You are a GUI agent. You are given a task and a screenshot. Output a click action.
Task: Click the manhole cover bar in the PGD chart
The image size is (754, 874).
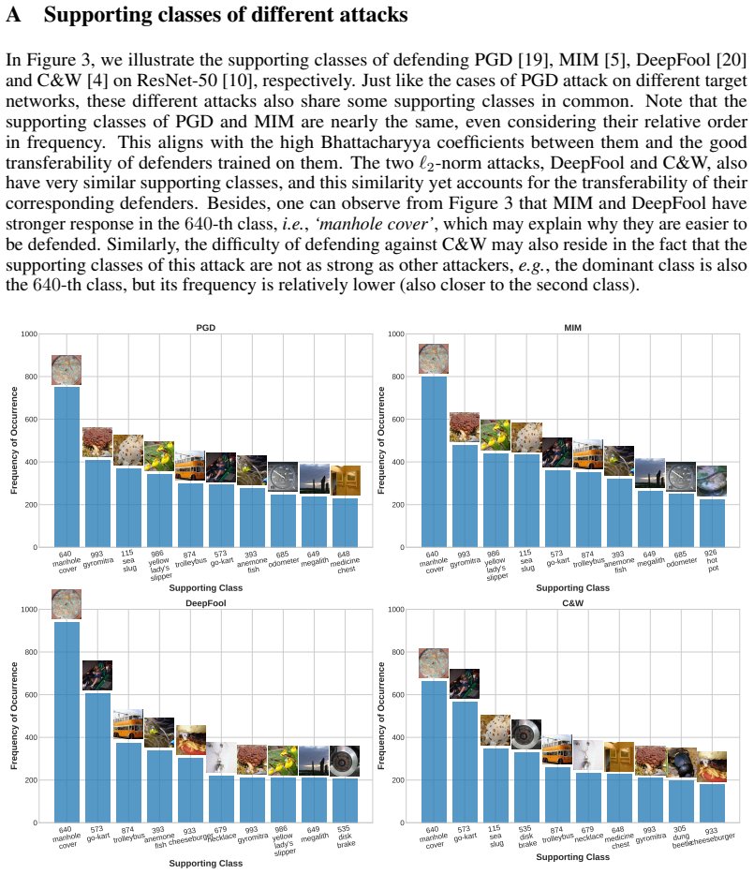[x=67, y=467]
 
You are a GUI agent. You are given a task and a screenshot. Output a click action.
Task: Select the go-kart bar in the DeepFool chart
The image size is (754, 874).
[x=97, y=758]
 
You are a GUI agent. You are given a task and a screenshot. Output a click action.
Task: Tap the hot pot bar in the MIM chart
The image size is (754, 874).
[x=712, y=523]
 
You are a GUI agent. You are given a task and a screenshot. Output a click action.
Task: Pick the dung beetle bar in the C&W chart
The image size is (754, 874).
[x=682, y=801]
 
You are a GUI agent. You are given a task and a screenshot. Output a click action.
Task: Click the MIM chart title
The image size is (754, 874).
[x=572, y=328]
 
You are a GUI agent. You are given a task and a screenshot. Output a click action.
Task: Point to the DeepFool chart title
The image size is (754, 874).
[x=206, y=603]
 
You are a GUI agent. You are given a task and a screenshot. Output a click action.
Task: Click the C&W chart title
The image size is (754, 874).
[x=573, y=603]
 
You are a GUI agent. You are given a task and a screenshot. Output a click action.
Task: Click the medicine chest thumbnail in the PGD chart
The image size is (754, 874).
[x=346, y=481]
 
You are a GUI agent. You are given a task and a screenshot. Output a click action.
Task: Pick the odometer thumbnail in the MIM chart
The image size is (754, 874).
[x=681, y=477]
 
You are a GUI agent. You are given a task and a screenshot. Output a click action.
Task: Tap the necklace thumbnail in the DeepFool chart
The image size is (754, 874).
[x=221, y=757]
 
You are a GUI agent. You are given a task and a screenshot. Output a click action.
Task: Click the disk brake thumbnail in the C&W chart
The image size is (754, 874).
[x=526, y=734]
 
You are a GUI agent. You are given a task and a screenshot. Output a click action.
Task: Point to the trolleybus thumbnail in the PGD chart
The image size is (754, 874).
[x=190, y=466]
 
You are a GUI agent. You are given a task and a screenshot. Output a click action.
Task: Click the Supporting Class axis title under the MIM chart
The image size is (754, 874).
[x=573, y=587]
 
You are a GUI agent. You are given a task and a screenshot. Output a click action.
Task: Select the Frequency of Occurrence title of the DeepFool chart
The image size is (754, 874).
[x=14, y=716]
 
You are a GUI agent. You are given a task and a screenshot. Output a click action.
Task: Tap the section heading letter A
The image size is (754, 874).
[x=13, y=14]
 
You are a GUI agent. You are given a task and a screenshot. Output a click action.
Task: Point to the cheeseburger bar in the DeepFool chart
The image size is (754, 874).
[x=190, y=790]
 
